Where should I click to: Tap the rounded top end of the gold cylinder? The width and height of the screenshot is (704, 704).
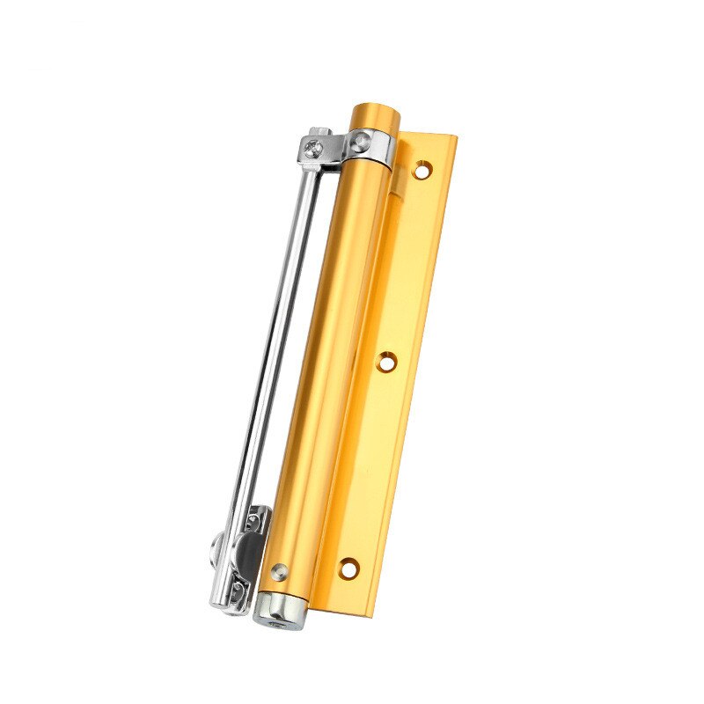[x=375, y=113]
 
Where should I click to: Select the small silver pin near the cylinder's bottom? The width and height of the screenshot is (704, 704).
[x=279, y=568]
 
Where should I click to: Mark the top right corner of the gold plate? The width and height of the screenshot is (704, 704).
[x=458, y=137]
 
